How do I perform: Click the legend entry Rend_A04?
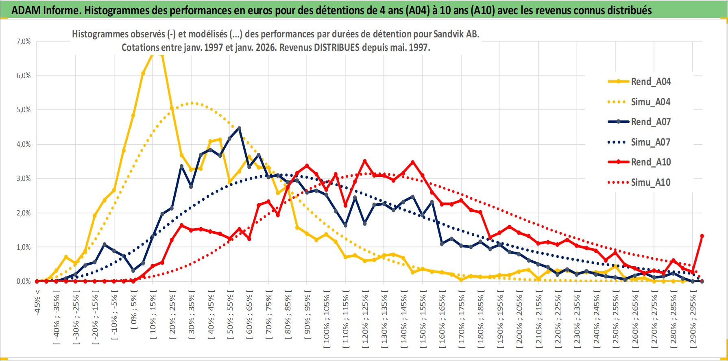(x=650, y=82)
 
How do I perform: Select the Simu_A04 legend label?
(x=650, y=102)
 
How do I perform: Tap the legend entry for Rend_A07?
(x=650, y=122)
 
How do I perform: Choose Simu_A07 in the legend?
(x=650, y=142)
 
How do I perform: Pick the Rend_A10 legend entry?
(x=650, y=162)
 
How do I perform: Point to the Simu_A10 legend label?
(x=650, y=183)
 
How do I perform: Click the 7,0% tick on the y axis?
(x=24, y=41)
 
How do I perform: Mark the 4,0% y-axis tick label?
(x=24, y=144)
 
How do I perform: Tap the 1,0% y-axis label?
(x=24, y=247)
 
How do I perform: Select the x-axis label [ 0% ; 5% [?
(x=134, y=311)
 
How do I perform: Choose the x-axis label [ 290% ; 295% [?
(x=693, y=319)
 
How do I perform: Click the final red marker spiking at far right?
(x=702, y=236)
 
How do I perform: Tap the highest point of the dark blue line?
(x=239, y=128)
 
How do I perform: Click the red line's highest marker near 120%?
(x=365, y=161)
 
